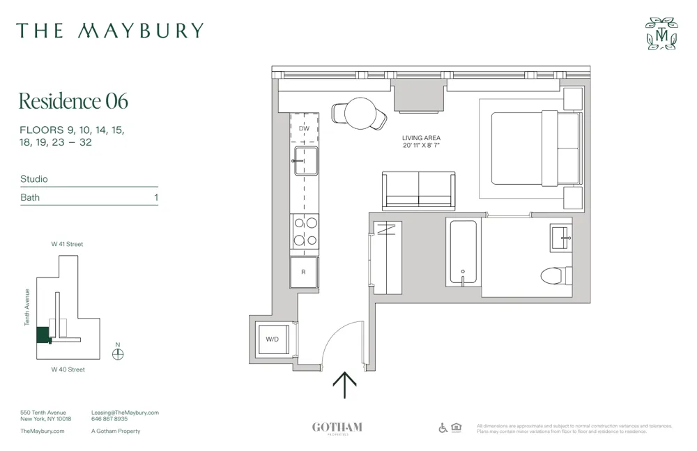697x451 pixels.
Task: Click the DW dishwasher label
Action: [x=304, y=129]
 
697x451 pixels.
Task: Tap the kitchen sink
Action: [x=305, y=161]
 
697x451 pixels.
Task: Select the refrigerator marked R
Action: [x=304, y=272]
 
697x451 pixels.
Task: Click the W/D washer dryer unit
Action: [x=273, y=339]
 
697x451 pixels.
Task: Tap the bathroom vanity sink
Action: [x=560, y=238]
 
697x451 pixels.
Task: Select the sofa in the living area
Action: [x=418, y=189]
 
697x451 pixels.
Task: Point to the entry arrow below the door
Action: [x=345, y=384]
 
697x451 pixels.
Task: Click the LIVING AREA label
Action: [x=421, y=138]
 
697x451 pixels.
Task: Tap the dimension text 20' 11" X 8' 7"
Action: [x=421, y=146]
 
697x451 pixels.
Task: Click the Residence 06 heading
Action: [x=73, y=101]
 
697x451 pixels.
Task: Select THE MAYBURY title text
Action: [x=110, y=31]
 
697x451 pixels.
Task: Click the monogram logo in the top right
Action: [x=661, y=33]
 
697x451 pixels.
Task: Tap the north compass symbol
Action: [x=118, y=353]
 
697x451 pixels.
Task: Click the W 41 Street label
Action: [x=67, y=245]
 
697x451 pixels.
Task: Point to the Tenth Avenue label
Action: [x=28, y=307]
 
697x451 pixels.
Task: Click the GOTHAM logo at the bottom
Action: [x=337, y=427]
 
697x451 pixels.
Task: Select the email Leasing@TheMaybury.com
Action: [x=125, y=413]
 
